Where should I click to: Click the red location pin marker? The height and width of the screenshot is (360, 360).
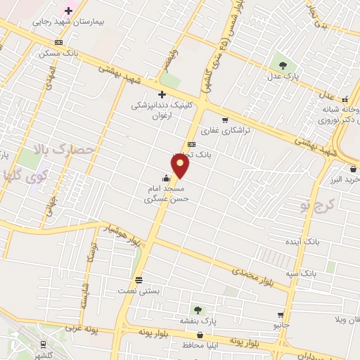tap(181, 166)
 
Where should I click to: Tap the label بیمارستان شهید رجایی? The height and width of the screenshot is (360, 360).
tap(68, 22)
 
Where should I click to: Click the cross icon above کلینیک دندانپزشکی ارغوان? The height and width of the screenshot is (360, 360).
tap(162, 94)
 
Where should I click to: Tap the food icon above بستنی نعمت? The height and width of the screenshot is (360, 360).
tap(139, 278)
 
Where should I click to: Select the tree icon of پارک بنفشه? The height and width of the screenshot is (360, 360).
tap(198, 309)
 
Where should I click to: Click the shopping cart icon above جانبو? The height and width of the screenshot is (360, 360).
tap(281, 314)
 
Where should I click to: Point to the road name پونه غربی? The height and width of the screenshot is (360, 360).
tap(80, 328)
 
